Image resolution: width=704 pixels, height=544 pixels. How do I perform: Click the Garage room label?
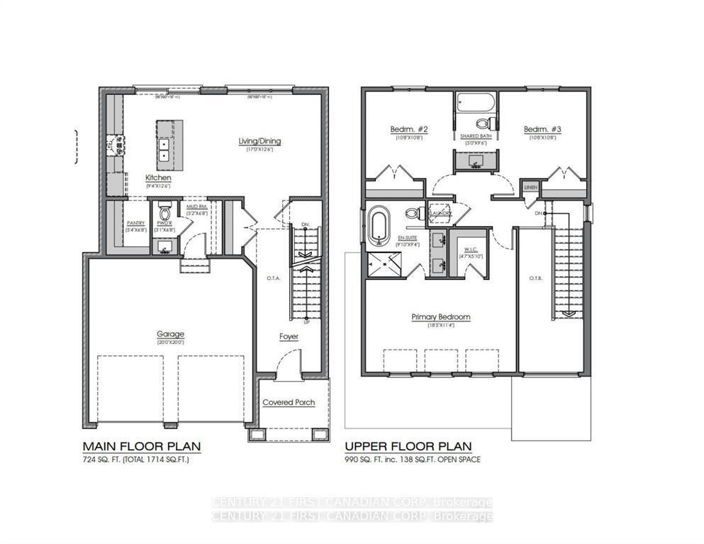pyautogui.click(x=170, y=334)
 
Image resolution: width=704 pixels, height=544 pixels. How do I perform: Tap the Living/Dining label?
pyautogui.click(x=259, y=141)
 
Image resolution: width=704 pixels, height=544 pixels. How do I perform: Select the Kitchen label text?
pyautogui.click(x=158, y=177)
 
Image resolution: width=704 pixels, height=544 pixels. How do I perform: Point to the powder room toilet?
pyautogui.click(x=164, y=212)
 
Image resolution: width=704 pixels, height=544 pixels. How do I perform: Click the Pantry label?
pyautogui.click(x=135, y=223)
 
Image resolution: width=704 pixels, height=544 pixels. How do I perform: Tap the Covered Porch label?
pyautogui.click(x=289, y=402)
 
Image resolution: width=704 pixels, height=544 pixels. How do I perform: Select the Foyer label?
pyautogui.click(x=288, y=336)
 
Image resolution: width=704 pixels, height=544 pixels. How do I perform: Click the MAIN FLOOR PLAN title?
pyautogui.click(x=142, y=446)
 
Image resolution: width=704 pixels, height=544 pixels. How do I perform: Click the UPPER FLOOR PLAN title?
pyautogui.click(x=408, y=446)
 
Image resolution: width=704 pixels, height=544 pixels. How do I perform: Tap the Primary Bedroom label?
pyautogui.click(x=440, y=317)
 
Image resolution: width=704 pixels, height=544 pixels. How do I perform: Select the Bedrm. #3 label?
pyautogui.click(x=542, y=129)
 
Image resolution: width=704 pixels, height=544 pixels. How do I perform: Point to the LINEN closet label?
pyautogui.click(x=529, y=188)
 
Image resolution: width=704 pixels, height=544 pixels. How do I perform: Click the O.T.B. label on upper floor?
pyautogui.click(x=536, y=277)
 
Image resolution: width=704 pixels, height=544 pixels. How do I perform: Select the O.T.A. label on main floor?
pyautogui.click(x=273, y=278)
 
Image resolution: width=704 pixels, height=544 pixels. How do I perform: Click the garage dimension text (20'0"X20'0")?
pyautogui.click(x=170, y=343)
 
